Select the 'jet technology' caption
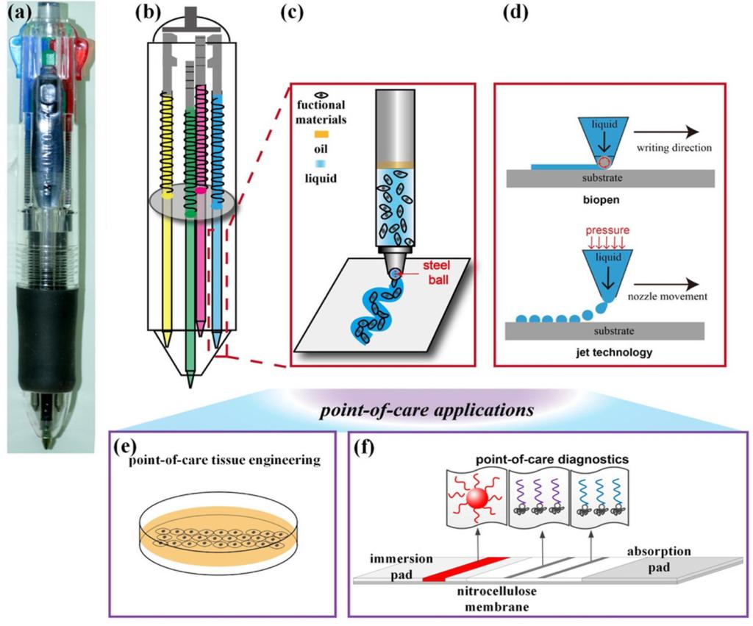pyautogui.click(x=603, y=352)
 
